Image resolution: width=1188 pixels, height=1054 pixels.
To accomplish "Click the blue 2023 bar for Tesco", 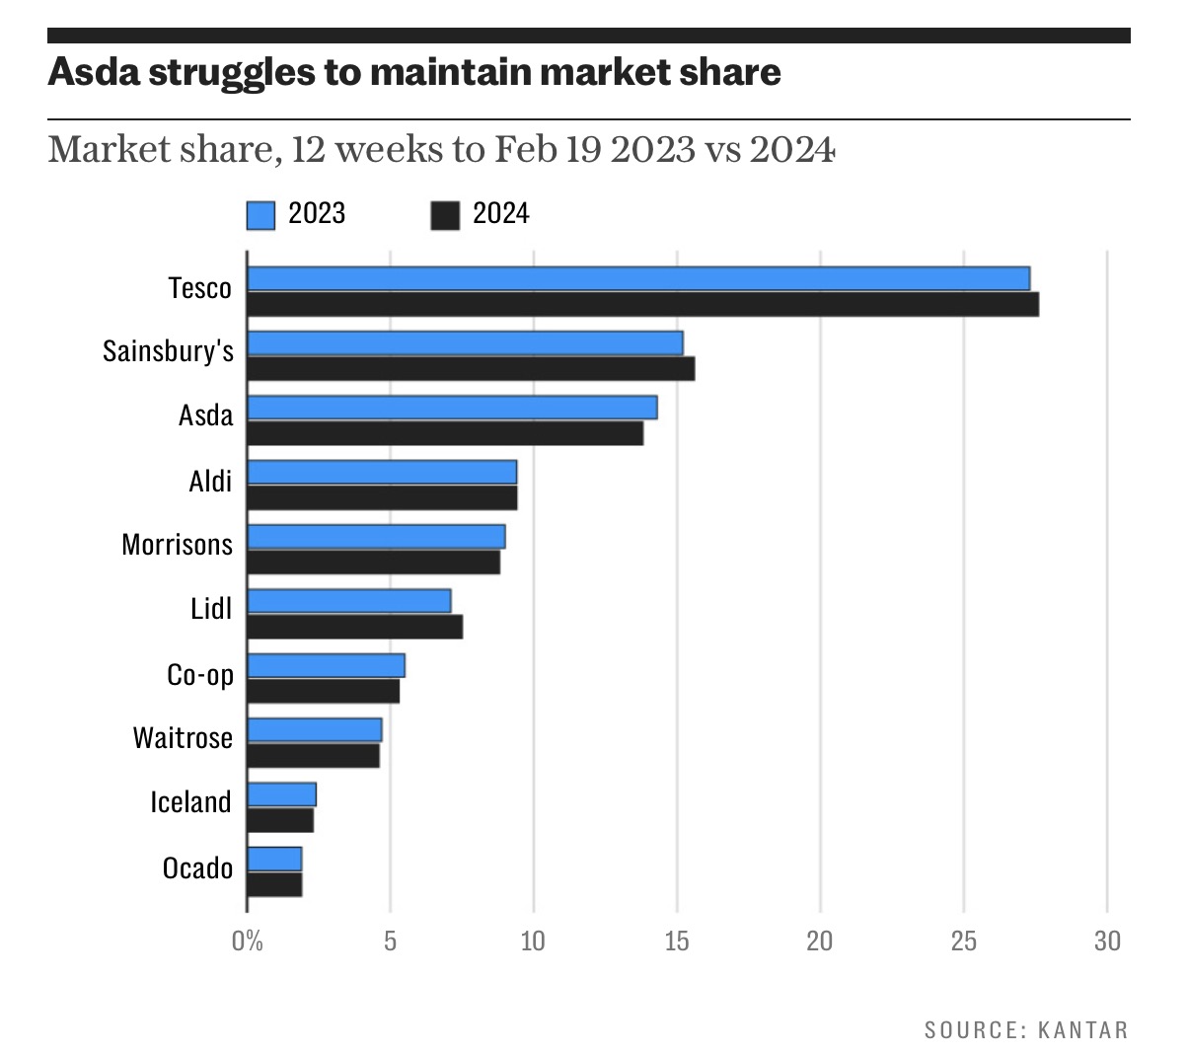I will [x=637, y=278].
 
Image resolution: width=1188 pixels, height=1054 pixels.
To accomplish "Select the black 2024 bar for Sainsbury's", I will [x=471, y=369].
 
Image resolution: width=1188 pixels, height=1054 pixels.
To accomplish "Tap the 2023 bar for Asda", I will [x=452, y=408].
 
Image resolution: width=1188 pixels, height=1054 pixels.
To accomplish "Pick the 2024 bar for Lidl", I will [x=354, y=627].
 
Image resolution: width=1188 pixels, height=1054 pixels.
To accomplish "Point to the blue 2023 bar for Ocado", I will [x=274, y=859].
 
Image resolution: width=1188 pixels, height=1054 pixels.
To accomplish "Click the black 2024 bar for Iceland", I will [x=280, y=820].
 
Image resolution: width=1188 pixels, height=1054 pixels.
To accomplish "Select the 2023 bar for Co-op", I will [x=326, y=665].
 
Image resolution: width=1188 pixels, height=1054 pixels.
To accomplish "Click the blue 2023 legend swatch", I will [x=260, y=215].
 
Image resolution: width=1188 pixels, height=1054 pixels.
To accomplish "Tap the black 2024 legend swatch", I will [x=445, y=215].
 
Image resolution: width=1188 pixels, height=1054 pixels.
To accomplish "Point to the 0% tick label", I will [x=248, y=941].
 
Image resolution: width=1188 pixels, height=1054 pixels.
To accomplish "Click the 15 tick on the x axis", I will [x=677, y=941].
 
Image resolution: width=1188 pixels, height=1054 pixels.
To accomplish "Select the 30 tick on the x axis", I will [x=1107, y=941].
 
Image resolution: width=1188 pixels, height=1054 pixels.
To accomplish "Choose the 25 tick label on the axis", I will [x=964, y=941].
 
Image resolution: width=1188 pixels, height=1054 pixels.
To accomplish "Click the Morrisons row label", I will [x=178, y=545].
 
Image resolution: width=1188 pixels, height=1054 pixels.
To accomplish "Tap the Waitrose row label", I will [x=184, y=738].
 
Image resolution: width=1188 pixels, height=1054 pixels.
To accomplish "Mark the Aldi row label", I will [x=210, y=482].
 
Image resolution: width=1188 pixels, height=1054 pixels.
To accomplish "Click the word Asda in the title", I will [x=93, y=72].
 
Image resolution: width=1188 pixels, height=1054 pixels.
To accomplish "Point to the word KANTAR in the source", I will [x=1082, y=1030].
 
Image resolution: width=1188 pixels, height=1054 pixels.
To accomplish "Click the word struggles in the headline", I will [x=229, y=72].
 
